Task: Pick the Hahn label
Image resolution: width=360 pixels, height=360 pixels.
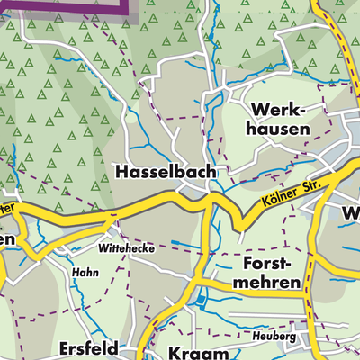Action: pyautogui.click(x=84, y=269)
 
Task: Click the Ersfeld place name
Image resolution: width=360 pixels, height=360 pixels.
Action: pyautogui.click(x=90, y=346)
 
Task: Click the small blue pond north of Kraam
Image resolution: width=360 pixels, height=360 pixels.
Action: pyautogui.click(x=200, y=301)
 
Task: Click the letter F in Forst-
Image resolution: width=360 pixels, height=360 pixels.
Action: pyautogui.click(x=249, y=263)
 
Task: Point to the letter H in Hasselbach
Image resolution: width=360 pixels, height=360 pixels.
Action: pyautogui.click(x=121, y=171)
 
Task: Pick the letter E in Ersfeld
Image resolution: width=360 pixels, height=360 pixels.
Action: pyautogui.click(x=65, y=346)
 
